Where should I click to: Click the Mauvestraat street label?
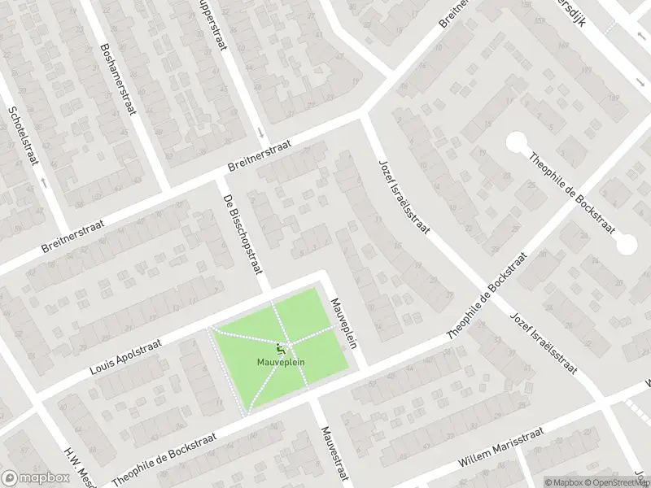pos(334,455)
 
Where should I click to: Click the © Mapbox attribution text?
pos(562,481)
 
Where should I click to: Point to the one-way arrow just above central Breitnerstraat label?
pos(259,132)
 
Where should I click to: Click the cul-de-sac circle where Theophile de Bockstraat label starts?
pos(516,144)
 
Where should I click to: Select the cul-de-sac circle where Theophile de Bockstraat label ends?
pos(627,243)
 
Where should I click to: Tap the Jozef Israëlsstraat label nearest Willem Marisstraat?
pos(543,342)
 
